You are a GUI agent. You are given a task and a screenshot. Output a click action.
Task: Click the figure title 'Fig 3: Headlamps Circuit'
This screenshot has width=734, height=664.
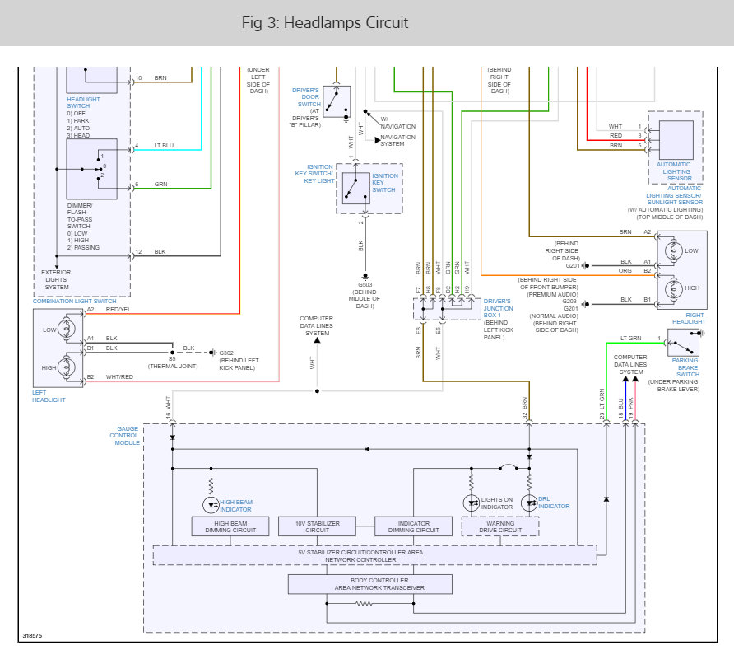coord(325,23)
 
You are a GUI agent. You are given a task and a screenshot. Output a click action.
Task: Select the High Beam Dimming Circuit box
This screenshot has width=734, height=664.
coord(230,526)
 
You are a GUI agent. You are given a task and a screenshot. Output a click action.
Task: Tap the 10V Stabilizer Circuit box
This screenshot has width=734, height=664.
coord(317,526)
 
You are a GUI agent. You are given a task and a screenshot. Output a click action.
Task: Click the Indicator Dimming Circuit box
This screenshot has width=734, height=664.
coord(414,526)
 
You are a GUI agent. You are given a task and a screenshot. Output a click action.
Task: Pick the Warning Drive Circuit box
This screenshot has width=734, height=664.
coord(500,526)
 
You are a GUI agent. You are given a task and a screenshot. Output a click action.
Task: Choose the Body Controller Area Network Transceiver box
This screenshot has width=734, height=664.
coord(369,584)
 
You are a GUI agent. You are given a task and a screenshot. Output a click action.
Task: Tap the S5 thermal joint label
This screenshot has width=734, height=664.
coord(172,359)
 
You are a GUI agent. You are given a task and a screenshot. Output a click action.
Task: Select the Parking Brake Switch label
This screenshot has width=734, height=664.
coord(688,367)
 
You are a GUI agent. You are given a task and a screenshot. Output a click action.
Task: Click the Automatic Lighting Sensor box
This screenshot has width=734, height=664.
coord(674,140)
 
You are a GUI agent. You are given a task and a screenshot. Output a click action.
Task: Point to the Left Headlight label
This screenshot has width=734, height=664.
coord(49,395)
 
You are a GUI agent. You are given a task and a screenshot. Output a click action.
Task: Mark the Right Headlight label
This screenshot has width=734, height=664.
coord(689,318)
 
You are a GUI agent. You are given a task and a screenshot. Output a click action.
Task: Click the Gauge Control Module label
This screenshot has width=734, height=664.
coord(125,436)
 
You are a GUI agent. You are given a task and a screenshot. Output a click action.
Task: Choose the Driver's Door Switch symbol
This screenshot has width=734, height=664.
coord(336,101)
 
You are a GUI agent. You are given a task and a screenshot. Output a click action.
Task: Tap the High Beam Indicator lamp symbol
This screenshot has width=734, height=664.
coord(211,503)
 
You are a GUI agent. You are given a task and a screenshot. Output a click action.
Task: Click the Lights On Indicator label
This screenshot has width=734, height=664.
coord(498,503)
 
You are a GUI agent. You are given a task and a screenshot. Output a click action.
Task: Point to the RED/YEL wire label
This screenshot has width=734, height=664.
coord(118,309)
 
